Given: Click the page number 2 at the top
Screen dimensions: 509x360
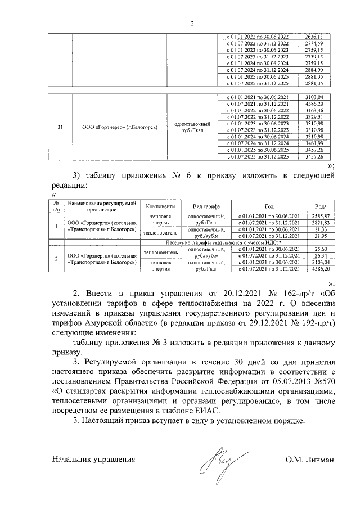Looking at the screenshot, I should pyautogui.click(x=191, y=23).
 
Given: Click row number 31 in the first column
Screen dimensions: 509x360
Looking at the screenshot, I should pyautogui.click(x=60, y=127).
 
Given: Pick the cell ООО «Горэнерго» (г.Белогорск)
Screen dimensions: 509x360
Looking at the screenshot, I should pyautogui.click(x=120, y=127).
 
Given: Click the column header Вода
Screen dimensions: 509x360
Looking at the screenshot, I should pyautogui.click(x=321, y=206).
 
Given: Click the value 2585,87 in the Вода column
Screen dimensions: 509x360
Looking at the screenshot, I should pyautogui.click(x=321, y=217).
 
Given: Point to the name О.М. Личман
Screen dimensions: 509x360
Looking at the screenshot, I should pyautogui.click(x=309, y=460).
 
